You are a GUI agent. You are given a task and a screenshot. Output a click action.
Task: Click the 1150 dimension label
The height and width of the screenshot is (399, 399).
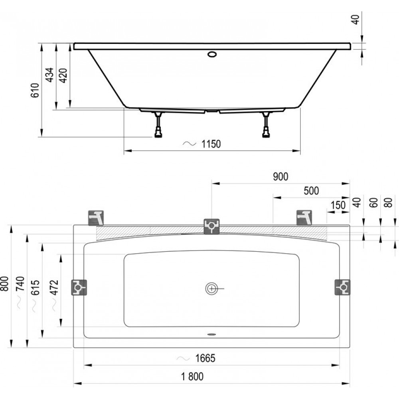(x=211, y=144)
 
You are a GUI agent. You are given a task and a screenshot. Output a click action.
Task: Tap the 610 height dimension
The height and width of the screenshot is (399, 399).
(x=35, y=90)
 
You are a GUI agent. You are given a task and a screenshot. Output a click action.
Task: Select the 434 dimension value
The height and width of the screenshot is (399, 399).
(x=49, y=75)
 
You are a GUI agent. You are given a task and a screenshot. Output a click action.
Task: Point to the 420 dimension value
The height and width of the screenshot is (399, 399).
(x=63, y=75)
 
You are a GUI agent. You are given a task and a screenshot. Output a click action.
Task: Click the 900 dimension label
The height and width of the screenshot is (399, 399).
(x=280, y=177)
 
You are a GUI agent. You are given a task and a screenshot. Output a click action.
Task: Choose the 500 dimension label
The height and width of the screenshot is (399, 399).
(x=311, y=191)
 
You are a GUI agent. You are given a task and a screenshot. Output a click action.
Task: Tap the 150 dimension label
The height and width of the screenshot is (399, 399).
(x=338, y=205)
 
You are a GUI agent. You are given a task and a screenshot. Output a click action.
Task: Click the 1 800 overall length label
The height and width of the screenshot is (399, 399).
(x=192, y=377)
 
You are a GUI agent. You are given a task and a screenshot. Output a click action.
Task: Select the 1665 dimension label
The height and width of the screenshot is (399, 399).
(x=205, y=358)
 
